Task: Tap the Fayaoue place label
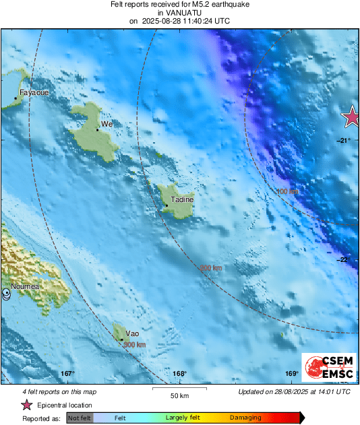(x=34, y=92)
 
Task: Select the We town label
(x=106, y=125)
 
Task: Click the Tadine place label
(x=182, y=199)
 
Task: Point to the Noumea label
(x=24, y=287)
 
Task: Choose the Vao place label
(x=132, y=333)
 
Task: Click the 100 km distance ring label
(x=287, y=192)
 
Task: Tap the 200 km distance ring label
(x=211, y=268)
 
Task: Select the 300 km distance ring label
(x=135, y=345)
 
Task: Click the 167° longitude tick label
(x=67, y=374)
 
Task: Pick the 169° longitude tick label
(x=291, y=374)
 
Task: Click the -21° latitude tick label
(x=344, y=140)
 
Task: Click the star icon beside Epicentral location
(x=27, y=405)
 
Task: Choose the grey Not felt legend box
(x=80, y=418)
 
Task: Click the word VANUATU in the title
(x=179, y=12)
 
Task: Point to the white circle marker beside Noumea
(x=6, y=294)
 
